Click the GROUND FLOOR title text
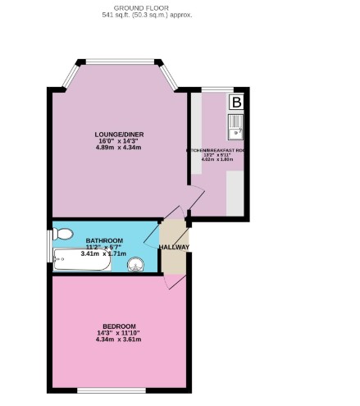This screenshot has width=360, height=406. (x=147, y=7)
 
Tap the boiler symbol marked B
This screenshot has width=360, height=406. (x=236, y=103)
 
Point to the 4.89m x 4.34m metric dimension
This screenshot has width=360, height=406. (x=114, y=148)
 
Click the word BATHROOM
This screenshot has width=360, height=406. (x=103, y=240)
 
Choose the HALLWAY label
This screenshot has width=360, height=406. (x=174, y=248)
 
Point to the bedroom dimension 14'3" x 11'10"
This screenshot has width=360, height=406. (x=117, y=332)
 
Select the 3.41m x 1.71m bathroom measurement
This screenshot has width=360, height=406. (x=103, y=254)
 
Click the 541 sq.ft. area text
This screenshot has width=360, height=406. (x=147, y=16)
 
